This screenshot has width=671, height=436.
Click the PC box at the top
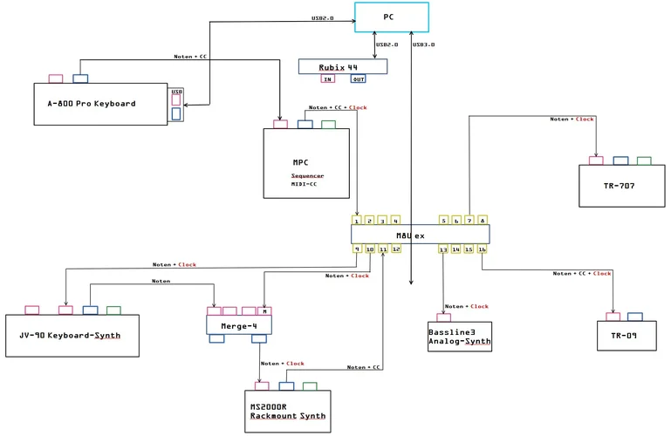point(391,17)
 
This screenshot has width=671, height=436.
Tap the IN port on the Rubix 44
point(328,79)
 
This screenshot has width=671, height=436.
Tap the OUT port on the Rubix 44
point(358,79)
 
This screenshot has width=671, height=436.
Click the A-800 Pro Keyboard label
point(91,104)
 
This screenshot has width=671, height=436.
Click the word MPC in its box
point(301,162)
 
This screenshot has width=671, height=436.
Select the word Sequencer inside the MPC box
point(307,175)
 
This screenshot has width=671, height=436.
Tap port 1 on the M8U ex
point(357,221)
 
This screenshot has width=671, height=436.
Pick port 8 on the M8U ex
point(483,221)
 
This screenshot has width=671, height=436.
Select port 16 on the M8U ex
point(483,249)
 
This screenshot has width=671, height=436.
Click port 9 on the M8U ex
point(357,249)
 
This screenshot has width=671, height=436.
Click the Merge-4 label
point(237,325)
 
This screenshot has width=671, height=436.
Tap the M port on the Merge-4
point(265,310)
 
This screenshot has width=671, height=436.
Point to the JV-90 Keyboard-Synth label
point(70,336)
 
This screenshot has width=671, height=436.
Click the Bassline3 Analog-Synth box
point(459,337)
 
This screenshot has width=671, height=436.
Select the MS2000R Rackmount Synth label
point(288,412)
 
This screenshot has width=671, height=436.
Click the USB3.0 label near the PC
point(423,44)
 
